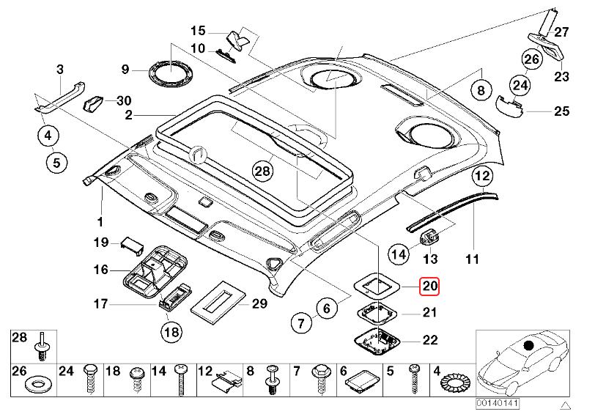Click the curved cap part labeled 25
(507, 106)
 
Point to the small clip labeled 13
(430, 238)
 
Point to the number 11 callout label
(473, 259)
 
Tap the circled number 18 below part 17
(170, 332)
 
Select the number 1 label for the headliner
(100, 220)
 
